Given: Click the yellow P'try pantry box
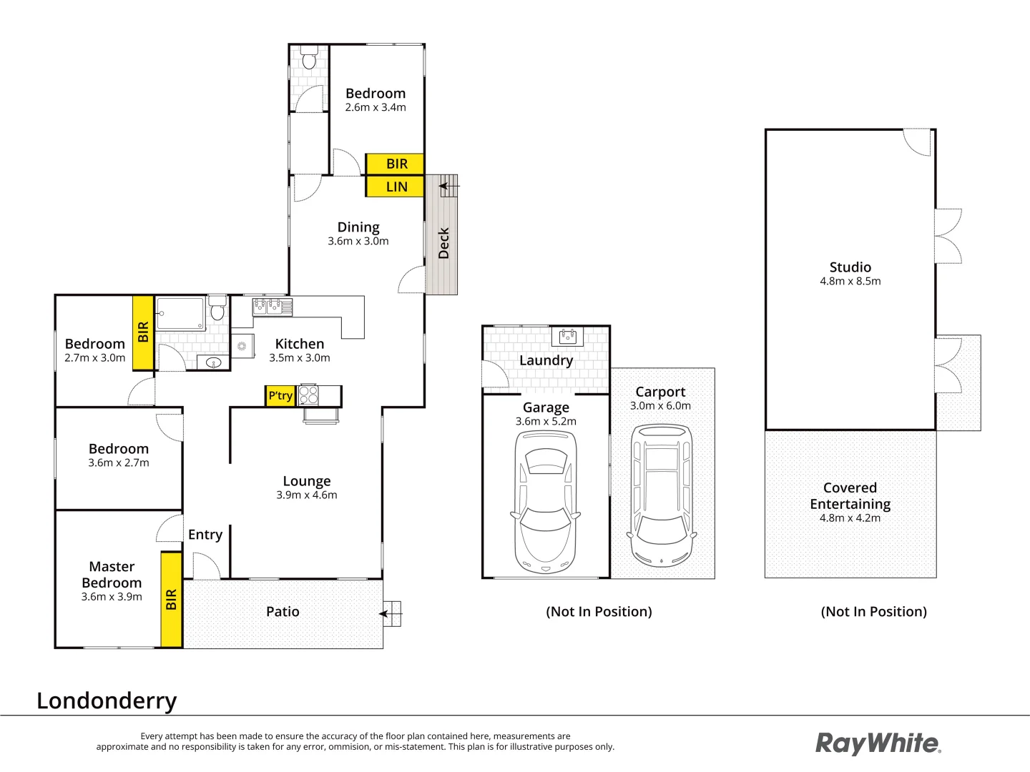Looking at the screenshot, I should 280,396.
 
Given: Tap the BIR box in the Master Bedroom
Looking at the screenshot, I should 171,599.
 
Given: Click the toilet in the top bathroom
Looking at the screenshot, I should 309,58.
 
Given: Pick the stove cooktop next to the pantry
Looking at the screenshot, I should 308,395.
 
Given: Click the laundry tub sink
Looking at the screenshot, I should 568,336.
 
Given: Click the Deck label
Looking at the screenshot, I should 443,243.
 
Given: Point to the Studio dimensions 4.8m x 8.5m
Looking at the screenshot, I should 850,282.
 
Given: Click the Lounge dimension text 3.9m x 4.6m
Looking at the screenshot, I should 307,495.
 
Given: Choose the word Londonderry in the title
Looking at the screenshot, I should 107,701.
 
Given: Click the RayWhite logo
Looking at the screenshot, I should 878,743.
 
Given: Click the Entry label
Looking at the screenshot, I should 205,535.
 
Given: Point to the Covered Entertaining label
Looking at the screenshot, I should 850,496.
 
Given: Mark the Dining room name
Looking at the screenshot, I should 358,227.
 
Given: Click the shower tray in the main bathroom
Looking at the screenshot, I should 181,314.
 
